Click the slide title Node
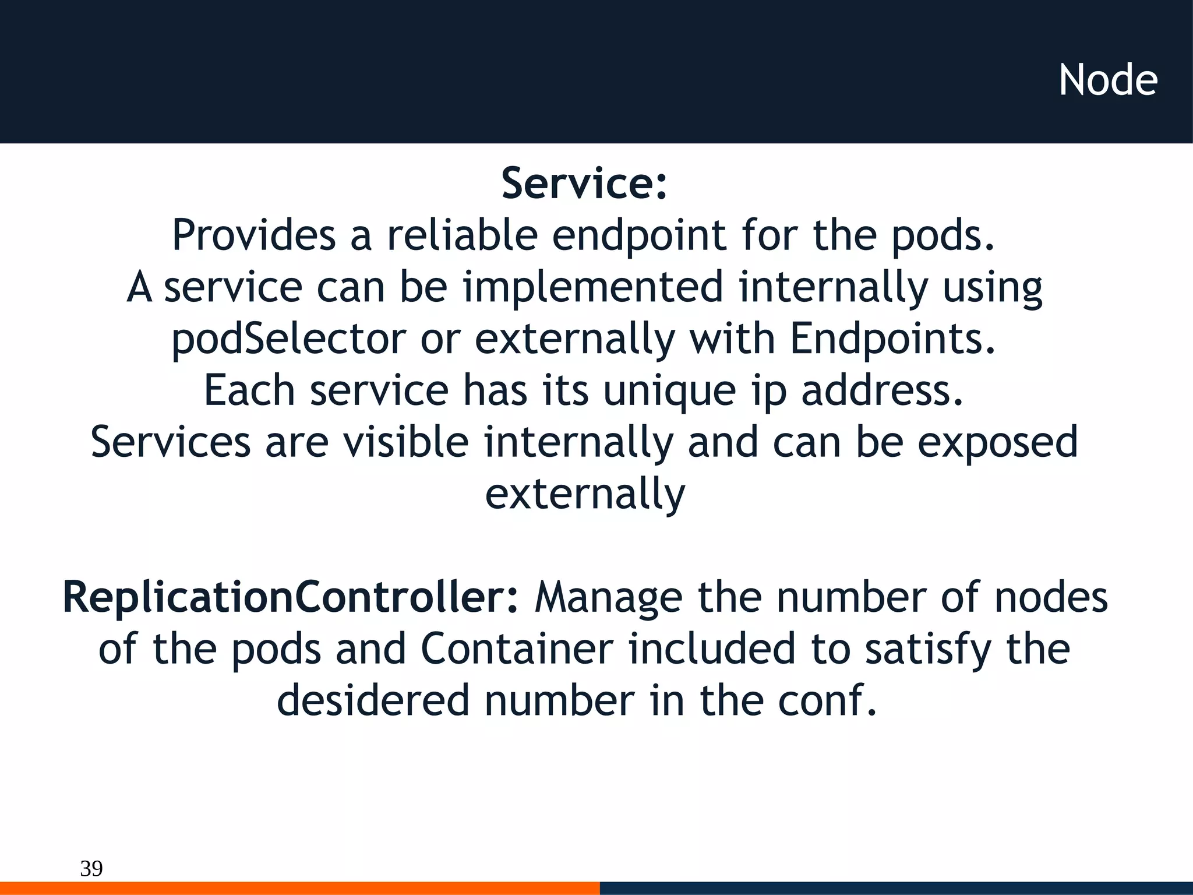coord(1108,80)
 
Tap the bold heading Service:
coord(584,184)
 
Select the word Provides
coord(254,235)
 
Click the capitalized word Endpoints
coord(892,339)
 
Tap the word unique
coord(669,391)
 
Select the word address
coord(881,391)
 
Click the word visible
coord(405,442)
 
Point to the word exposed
coord(997,443)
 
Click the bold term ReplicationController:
coord(290,598)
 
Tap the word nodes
coord(1050,598)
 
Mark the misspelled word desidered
coord(373,701)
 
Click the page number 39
coord(91,868)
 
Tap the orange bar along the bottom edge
coord(299,888)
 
